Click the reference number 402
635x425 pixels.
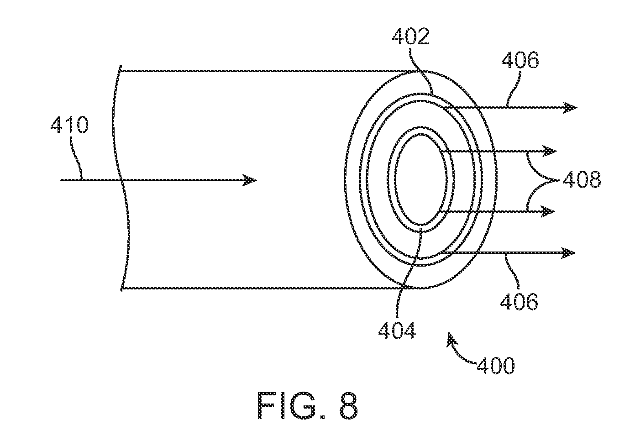[411, 36]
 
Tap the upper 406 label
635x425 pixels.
[520, 60]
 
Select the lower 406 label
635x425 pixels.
[519, 301]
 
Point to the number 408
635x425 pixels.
[582, 180]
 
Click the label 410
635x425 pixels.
[69, 125]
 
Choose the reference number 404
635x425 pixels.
[397, 331]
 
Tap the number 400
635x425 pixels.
[495, 366]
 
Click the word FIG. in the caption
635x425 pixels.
[291, 406]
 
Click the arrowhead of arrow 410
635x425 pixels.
[250, 180]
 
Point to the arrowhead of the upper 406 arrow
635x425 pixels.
[570, 108]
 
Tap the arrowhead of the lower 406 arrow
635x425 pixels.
[568, 252]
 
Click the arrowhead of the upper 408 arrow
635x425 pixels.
[550, 152]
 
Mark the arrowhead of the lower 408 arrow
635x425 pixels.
[548, 211]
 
